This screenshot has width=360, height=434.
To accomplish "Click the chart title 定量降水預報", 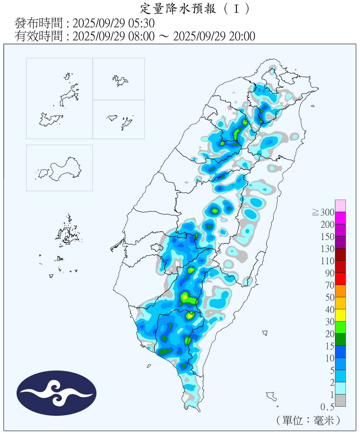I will [x=178, y=9].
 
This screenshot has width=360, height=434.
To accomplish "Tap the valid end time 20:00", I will [x=242, y=36].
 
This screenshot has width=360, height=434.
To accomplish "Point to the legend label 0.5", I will [x=327, y=407].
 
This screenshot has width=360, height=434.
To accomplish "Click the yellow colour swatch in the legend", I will [x=340, y=315].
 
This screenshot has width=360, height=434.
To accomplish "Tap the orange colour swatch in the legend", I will [x=340, y=291].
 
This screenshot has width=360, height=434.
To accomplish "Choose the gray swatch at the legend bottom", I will [x=340, y=400].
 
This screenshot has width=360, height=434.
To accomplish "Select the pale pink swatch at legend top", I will [x=340, y=206].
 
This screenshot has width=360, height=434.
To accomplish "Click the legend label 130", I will [x=327, y=249].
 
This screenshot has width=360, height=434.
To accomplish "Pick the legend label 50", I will [x=330, y=297].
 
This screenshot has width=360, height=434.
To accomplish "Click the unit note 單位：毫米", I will [x=308, y=420].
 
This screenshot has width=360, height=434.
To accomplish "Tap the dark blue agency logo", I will [x=56, y=393].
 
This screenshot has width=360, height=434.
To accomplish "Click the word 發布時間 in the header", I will [x=38, y=23].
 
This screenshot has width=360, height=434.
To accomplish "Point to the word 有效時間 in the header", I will [x=38, y=36].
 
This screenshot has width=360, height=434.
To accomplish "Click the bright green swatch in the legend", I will [x=340, y=327].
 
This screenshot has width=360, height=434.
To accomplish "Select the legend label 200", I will [x=327, y=225].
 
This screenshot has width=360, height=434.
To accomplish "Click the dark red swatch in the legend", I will [x=340, y=254].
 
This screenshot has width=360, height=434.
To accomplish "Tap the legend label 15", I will [x=330, y=346].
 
